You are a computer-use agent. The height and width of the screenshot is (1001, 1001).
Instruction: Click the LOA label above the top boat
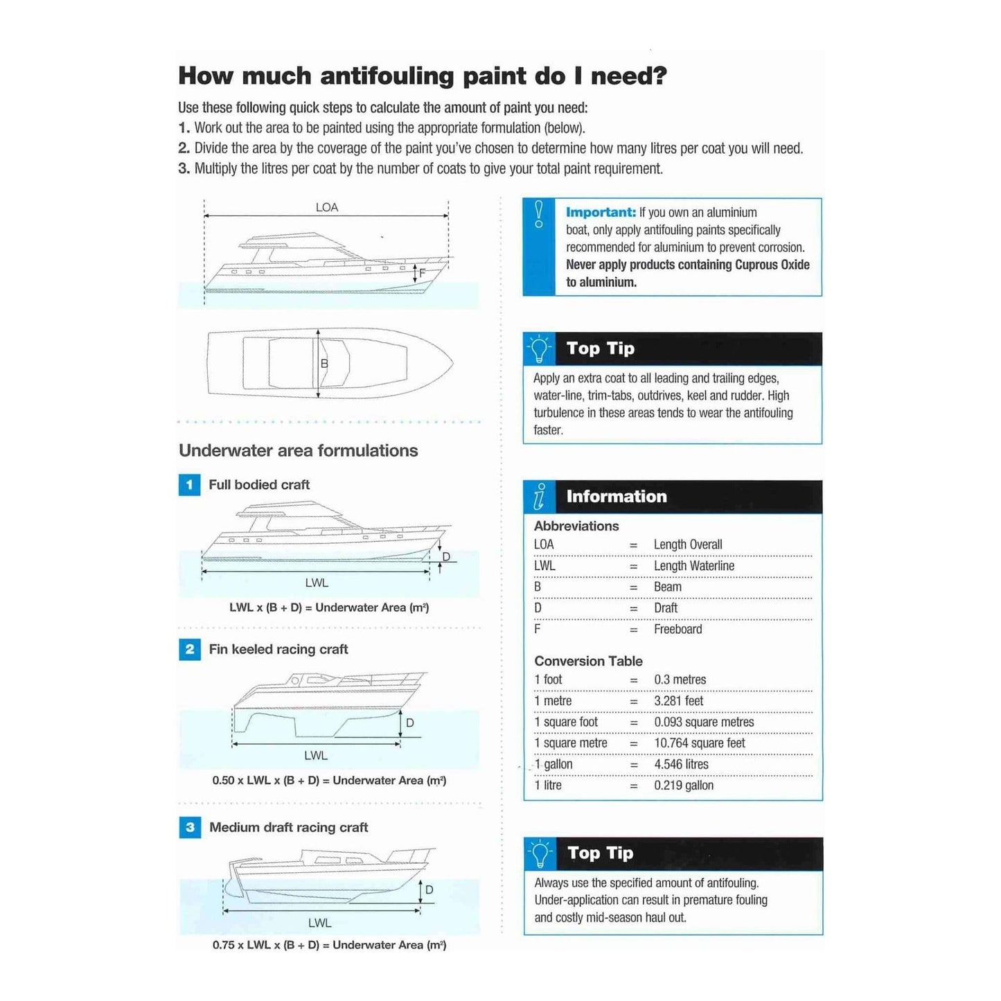[x=326, y=207]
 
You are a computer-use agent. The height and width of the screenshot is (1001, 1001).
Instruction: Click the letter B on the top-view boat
[x=324, y=363]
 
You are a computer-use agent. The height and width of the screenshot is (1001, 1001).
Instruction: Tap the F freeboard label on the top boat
[x=422, y=273]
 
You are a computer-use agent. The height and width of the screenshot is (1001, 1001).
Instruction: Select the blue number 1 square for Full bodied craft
[x=189, y=485]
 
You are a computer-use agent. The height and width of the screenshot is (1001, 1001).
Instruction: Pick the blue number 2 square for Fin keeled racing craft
[x=190, y=649]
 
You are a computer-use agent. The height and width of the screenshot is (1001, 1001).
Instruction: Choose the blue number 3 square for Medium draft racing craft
[x=190, y=827]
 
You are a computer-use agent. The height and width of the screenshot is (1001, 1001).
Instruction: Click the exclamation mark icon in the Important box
[x=539, y=214]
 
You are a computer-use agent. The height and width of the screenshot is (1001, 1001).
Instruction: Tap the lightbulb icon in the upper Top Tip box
[x=539, y=348]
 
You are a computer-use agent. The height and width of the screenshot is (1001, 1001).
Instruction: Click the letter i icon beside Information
[x=540, y=497]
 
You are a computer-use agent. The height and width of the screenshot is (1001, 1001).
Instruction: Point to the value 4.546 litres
[x=681, y=764]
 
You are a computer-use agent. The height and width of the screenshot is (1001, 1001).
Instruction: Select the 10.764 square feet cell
[x=699, y=743]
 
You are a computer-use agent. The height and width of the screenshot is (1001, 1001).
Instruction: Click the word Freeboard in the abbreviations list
[x=677, y=629]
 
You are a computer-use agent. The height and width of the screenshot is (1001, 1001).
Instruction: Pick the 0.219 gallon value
[x=683, y=786]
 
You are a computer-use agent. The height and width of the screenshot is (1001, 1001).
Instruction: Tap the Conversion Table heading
[x=588, y=661]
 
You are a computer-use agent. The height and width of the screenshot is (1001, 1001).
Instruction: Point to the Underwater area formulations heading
[x=298, y=450]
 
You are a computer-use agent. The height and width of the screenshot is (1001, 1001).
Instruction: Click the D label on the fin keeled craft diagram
[x=410, y=723]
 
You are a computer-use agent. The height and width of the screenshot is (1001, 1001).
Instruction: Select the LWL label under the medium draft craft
[x=319, y=923]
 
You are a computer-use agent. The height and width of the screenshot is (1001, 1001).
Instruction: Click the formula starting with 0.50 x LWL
[x=329, y=780]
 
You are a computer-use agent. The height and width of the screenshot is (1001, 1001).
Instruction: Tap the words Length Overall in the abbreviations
[x=687, y=544]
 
